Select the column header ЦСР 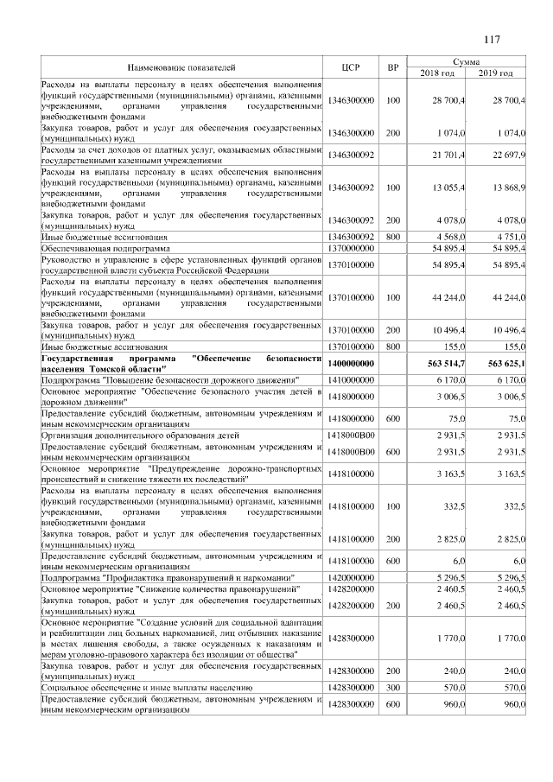point(351,67)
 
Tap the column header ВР point(393,67)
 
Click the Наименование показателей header point(181,67)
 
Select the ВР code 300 point(393,688)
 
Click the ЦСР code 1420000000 point(351,576)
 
